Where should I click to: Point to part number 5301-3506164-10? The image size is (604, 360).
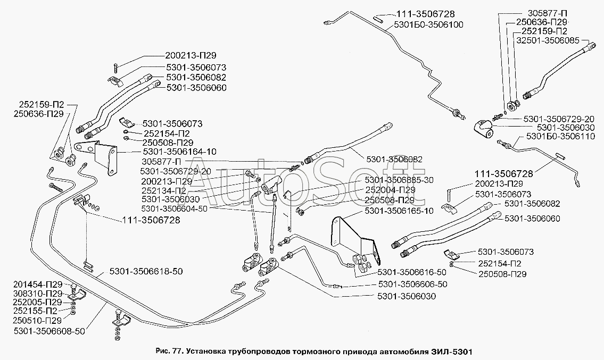pyautogui.click(x=164, y=152)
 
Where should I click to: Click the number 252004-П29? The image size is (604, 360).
pyautogui.click(x=390, y=190)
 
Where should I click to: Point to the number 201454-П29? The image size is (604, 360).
pyautogui.click(x=38, y=284)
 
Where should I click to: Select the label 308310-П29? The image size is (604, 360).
pyautogui.click(x=38, y=293)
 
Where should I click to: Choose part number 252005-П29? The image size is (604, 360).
pyautogui.click(x=38, y=302)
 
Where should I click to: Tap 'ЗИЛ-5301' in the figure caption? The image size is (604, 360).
pyautogui.click(x=452, y=351)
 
